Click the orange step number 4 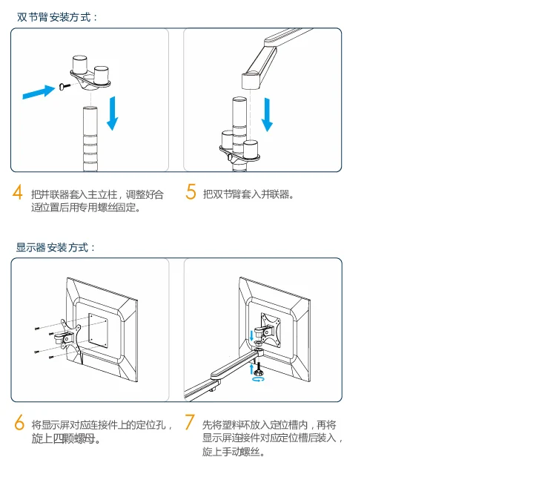17,192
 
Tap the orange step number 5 191,191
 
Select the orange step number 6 19,422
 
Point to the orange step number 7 190,422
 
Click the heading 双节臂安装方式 57,17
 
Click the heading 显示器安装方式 56,247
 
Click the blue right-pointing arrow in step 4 39,92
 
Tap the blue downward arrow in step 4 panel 113,114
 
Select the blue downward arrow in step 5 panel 267,115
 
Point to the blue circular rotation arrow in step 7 258,379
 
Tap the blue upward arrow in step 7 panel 251,369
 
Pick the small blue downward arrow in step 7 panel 252,336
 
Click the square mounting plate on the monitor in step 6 98,331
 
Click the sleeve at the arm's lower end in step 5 251,81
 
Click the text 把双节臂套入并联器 246,194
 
